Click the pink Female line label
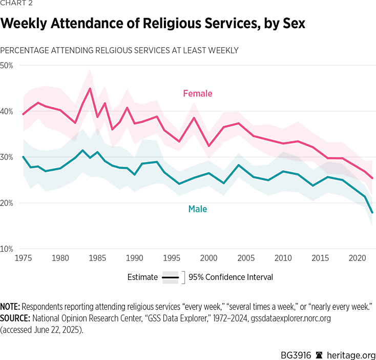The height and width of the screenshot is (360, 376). (197, 93)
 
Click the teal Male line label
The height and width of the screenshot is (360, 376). (197, 209)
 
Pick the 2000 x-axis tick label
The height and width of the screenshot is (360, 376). (207, 258)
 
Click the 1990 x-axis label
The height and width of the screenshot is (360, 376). (134, 258)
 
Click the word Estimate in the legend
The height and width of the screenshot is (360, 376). (142, 277)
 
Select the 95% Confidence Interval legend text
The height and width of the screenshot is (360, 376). (231, 277)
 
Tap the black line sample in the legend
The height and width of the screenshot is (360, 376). (171, 277)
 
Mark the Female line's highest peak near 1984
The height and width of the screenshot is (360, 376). (90, 88)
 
